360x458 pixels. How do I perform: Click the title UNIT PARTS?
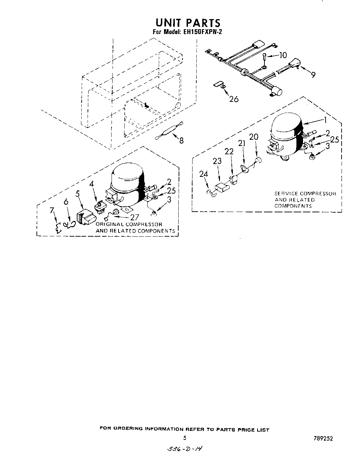point(188,23)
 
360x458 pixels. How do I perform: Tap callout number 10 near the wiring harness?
point(283,55)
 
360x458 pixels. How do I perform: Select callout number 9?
point(313,75)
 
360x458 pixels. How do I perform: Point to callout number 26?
point(234,99)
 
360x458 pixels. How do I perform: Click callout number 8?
point(181,140)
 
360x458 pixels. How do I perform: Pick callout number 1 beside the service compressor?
point(325,120)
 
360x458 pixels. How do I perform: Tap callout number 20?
point(254,137)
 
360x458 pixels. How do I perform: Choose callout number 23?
point(217,161)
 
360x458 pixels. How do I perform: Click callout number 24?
point(204,174)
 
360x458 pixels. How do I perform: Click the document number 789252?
point(323,439)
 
